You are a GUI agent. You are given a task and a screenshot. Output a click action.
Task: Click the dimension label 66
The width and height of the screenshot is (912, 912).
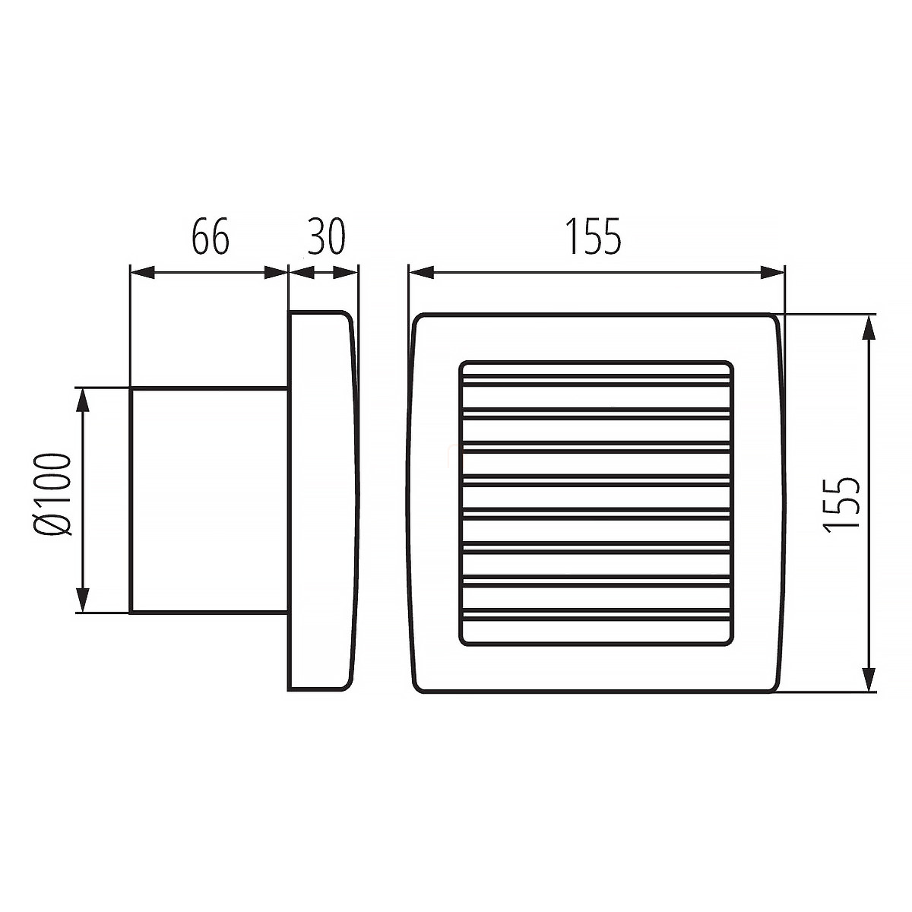pyautogui.click(x=210, y=236)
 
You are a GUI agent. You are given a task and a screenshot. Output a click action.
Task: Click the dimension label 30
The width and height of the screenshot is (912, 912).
pyautogui.click(x=326, y=236)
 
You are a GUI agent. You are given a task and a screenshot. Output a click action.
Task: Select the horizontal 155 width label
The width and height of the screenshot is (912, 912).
pyautogui.click(x=594, y=236)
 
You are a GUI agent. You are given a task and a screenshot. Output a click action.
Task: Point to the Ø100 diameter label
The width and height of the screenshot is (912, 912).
pyautogui.click(x=53, y=494)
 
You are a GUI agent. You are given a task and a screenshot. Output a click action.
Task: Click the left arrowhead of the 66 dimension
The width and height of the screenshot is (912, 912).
pyautogui.click(x=143, y=273)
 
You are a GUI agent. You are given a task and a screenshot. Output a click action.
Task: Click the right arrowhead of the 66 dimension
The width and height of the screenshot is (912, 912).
pyautogui.click(x=275, y=273)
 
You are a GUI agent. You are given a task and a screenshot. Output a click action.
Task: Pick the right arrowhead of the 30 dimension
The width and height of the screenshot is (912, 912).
pyautogui.click(x=346, y=273)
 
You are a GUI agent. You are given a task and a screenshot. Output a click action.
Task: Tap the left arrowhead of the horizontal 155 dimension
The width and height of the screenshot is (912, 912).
pyautogui.click(x=422, y=273)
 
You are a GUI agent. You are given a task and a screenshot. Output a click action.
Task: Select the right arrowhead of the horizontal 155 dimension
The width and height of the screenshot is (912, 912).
pyautogui.click(x=772, y=273)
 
